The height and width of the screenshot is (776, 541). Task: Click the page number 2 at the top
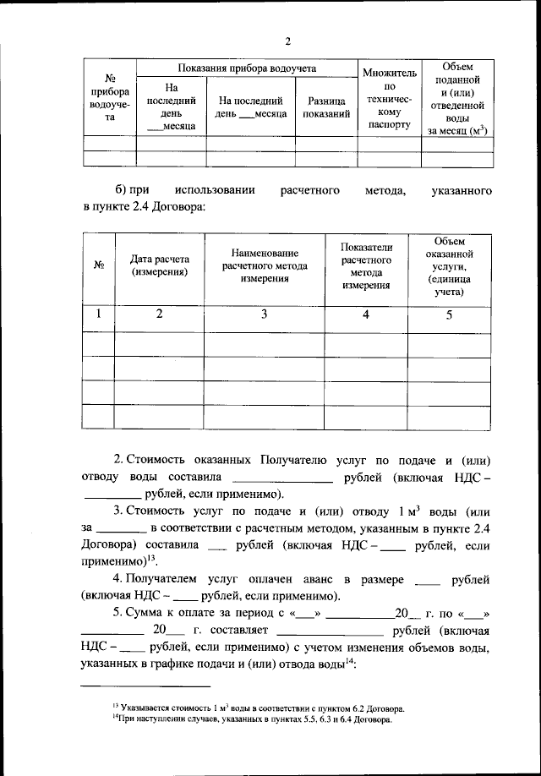click(x=287, y=41)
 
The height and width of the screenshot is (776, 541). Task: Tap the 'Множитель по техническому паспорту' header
click(x=389, y=99)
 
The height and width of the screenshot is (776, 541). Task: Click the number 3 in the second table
click(x=265, y=314)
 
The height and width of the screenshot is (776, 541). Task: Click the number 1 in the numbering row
click(x=98, y=314)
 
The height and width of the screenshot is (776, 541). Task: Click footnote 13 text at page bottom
click(x=258, y=707)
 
